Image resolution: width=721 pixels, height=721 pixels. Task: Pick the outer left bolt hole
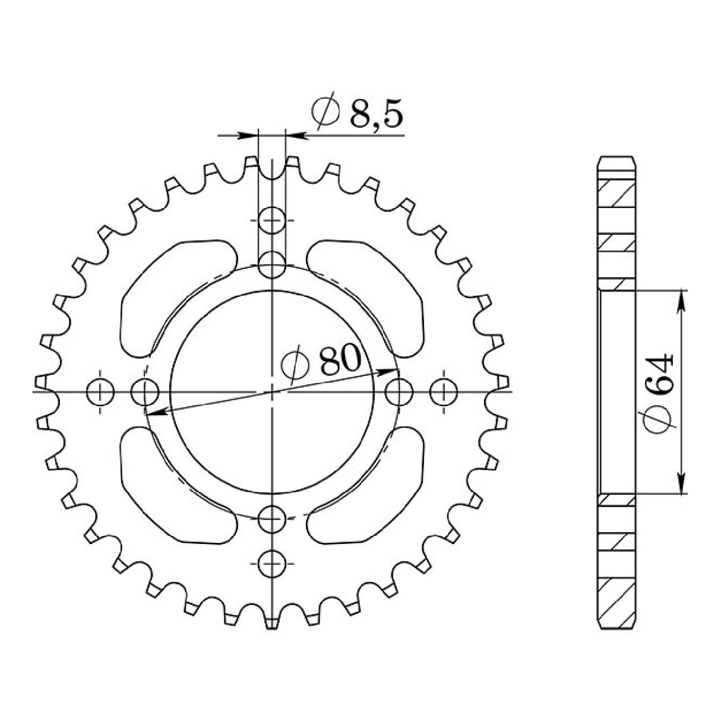pyautogui.click(x=100, y=392)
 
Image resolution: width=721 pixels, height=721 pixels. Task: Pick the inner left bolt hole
pyautogui.click(x=144, y=392)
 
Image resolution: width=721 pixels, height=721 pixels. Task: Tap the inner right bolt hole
pyautogui.click(x=399, y=392)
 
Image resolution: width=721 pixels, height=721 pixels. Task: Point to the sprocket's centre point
pyautogui.click(x=273, y=392)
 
